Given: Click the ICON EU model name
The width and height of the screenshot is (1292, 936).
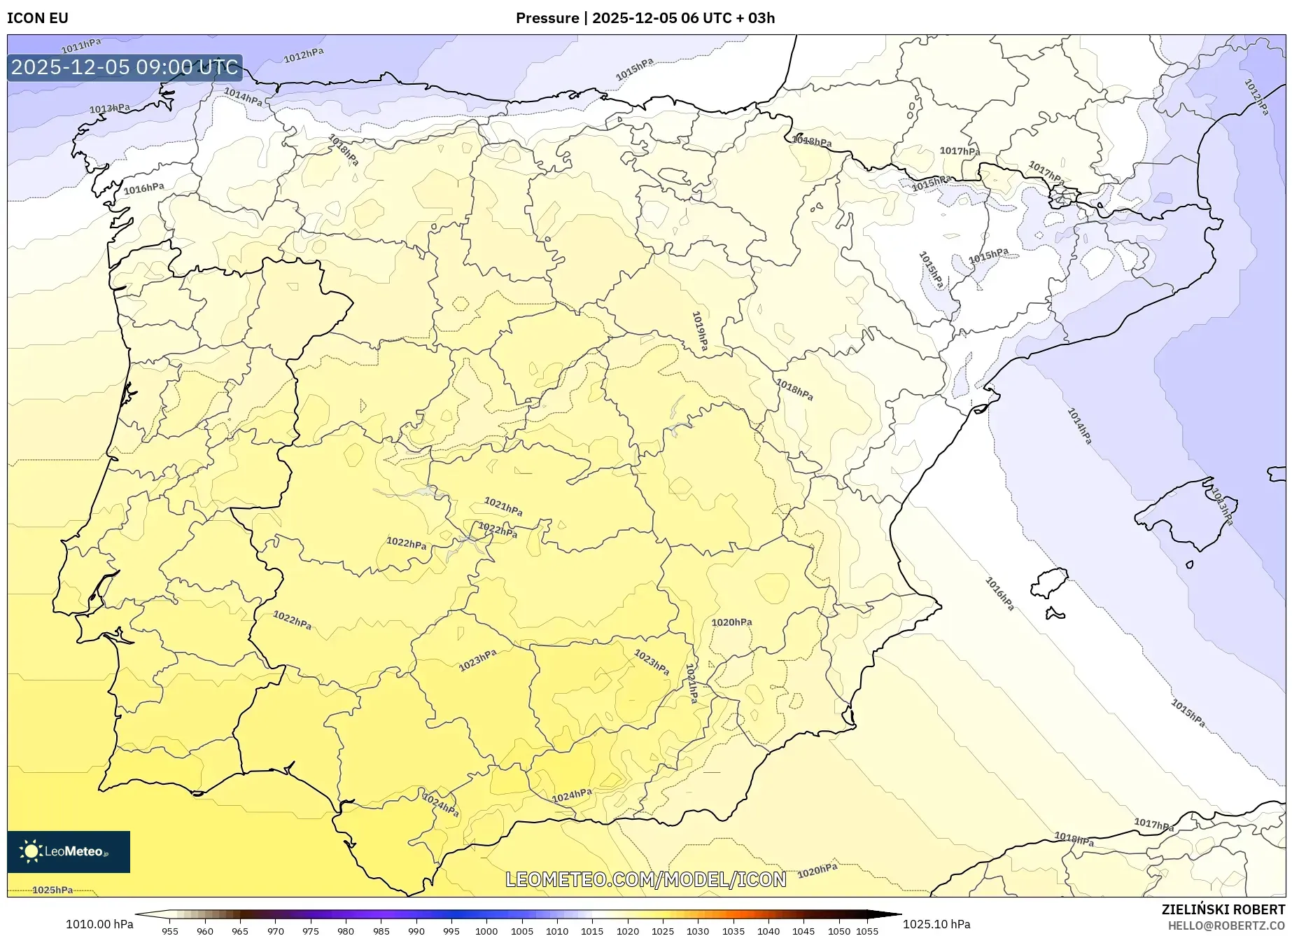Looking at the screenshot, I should pyautogui.click(x=38, y=18).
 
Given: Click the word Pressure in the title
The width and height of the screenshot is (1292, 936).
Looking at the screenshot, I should pyautogui.click(x=547, y=18).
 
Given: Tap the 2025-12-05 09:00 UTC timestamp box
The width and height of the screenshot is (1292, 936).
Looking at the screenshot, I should pyautogui.click(x=125, y=67).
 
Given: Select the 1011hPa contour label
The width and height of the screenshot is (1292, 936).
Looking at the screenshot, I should pyautogui.click(x=81, y=46).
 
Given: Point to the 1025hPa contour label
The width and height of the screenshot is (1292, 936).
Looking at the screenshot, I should pyautogui.click(x=52, y=890).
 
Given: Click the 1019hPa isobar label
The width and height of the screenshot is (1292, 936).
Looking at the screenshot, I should pyautogui.click(x=699, y=331).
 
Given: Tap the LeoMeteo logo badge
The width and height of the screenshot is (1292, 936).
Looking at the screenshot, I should pyautogui.click(x=69, y=851).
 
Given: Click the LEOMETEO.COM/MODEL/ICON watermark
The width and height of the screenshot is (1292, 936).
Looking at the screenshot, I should pyautogui.click(x=645, y=879).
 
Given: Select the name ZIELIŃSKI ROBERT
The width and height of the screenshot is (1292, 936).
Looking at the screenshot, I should pyautogui.click(x=1223, y=909).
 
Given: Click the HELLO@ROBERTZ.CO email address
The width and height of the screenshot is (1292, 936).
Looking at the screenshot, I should pyautogui.click(x=1226, y=925).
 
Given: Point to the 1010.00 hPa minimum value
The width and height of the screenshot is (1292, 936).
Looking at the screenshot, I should pyautogui.click(x=99, y=924).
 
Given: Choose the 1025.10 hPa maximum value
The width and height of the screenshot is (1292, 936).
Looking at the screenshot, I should pyautogui.click(x=936, y=924).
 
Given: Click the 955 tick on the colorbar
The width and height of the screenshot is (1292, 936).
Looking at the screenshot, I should pyautogui.click(x=170, y=931).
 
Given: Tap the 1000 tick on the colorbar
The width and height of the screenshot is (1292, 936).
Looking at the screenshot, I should pyautogui.click(x=486, y=931).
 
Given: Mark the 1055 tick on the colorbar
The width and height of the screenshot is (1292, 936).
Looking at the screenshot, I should pyautogui.click(x=866, y=931).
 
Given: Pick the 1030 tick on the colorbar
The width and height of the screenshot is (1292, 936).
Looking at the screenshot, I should pyautogui.click(x=697, y=931).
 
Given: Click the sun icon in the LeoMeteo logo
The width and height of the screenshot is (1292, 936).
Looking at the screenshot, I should pyautogui.click(x=31, y=851).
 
